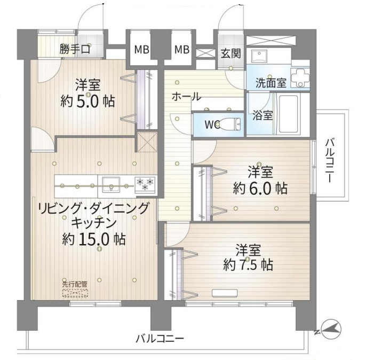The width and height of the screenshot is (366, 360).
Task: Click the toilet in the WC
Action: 229,124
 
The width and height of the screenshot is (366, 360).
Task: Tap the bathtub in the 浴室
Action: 289,114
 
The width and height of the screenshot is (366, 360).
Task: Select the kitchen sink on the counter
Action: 111,184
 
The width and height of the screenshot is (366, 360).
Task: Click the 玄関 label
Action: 230,53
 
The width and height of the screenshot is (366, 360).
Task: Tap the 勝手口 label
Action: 75,49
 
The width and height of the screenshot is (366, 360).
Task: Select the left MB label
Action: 142,50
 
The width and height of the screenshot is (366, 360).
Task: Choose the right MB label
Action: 182,50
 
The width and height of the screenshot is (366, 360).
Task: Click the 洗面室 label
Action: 271,83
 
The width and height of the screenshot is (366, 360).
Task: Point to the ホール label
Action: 186,97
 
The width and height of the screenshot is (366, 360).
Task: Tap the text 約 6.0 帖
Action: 260,189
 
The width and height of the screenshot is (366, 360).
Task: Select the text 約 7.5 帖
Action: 248,265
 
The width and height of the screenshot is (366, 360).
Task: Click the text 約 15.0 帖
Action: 94,239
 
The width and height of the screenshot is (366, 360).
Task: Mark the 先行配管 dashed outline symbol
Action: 75,293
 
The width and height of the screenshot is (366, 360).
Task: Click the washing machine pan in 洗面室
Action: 300,78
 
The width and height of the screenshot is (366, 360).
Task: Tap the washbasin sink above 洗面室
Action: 259,56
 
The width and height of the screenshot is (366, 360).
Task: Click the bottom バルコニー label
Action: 160,339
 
